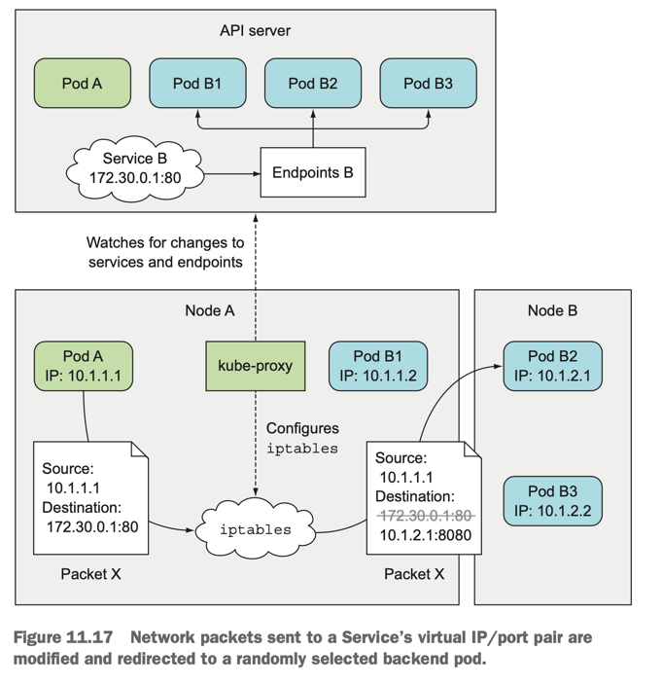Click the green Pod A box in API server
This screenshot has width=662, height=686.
[82, 83]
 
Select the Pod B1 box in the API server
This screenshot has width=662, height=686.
[197, 83]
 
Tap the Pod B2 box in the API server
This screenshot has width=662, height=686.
[312, 83]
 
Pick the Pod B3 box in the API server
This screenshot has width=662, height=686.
[428, 83]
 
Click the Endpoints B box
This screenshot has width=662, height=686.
[312, 173]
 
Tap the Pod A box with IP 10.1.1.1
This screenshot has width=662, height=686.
[82, 367]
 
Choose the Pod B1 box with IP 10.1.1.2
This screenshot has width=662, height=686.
[377, 367]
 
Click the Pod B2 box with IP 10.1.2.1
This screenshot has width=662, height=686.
[552, 367]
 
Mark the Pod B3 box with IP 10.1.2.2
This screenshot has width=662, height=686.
[552, 500]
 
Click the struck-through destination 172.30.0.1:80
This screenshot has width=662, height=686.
[425, 515]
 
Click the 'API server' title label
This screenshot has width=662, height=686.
[255, 30]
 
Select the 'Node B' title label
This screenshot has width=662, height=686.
[551, 310]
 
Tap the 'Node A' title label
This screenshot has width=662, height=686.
[210, 310]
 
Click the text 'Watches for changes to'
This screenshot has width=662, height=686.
[165, 242]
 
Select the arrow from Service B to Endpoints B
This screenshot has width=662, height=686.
[233, 174]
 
